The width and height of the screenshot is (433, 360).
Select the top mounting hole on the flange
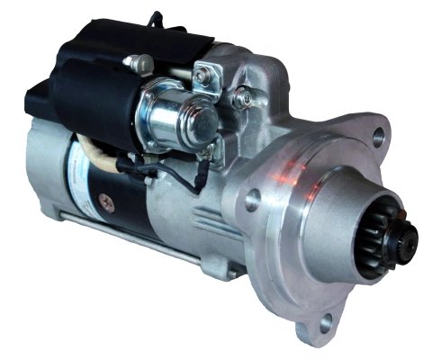[x=377, y=136]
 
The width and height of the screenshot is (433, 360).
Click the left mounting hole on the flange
[x=252, y=200]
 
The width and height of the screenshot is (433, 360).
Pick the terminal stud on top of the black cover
[x=137, y=62]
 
